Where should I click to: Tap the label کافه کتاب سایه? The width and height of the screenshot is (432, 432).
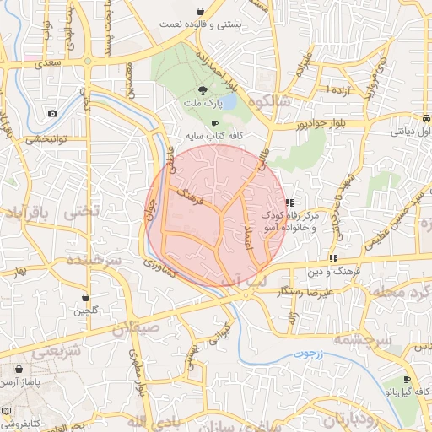pos(215,135)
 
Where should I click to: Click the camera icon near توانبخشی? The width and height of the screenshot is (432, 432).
pos(53,114)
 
